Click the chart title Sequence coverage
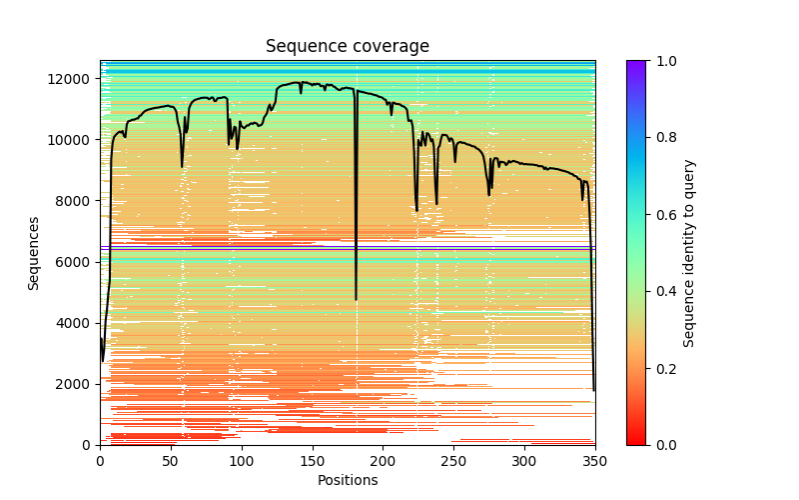(348, 47)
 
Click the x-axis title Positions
(348, 480)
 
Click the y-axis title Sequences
(34, 253)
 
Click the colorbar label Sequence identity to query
(689, 253)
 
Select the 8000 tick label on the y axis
(75, 201)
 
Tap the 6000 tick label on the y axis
(75, 262)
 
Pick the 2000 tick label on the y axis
(75, 384)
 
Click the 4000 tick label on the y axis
(75, 323)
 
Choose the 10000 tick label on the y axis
(72, 140)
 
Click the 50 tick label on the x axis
(171, 461)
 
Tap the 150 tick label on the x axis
(313, 461)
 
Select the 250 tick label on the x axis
(453, 461)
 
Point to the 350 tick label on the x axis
(595, 461)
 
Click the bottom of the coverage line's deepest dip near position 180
(356, 299)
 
